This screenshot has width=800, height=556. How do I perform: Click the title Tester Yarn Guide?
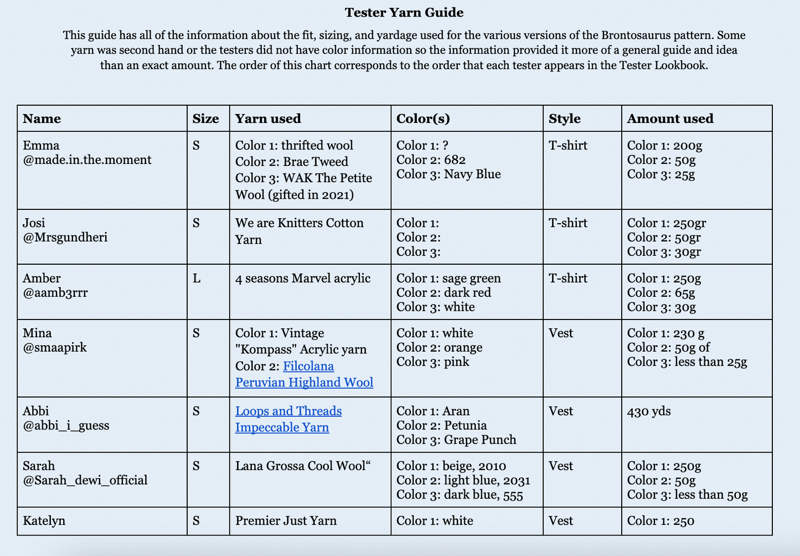tap(404, 12)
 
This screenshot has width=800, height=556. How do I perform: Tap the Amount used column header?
tap(670, 119)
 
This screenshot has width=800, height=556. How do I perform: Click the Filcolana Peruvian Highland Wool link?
tap(304, 374)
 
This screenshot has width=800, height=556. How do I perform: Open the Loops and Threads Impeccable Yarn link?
tap(288, 419)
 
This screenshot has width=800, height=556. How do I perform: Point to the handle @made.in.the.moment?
tap(87, 160)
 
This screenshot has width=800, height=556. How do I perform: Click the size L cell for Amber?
tap(197, 279)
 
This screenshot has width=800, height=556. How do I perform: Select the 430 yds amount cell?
tap(649, 411)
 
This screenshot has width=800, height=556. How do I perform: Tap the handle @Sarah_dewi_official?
tap(85, 480)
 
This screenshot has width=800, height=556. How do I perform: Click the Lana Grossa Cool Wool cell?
tap(302, 466)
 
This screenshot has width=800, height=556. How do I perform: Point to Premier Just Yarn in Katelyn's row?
tap(286, 521)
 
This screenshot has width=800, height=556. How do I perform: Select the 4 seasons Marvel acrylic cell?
tap(303, 279)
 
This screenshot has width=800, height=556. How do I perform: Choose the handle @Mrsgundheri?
tap(65, 238)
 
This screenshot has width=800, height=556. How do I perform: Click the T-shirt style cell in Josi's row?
tap(568, 223)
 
